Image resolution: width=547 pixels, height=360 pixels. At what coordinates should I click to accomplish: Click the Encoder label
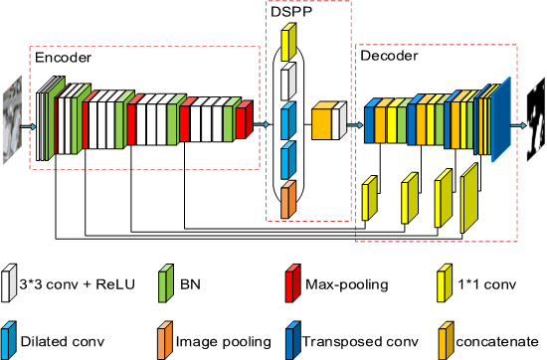click(64, 59)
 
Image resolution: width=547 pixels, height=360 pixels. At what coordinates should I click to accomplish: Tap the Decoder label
click(389, 57)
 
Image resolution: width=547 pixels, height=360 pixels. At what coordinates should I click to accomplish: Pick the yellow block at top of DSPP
click(289, 43)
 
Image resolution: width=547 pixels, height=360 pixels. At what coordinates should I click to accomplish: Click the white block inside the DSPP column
click(289, 79)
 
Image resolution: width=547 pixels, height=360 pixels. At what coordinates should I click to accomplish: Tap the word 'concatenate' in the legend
click(501, 341)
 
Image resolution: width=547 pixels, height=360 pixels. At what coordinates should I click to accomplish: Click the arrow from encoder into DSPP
click(264, 124)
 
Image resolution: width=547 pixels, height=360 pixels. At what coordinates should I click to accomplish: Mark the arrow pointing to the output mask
click(518, 125)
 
